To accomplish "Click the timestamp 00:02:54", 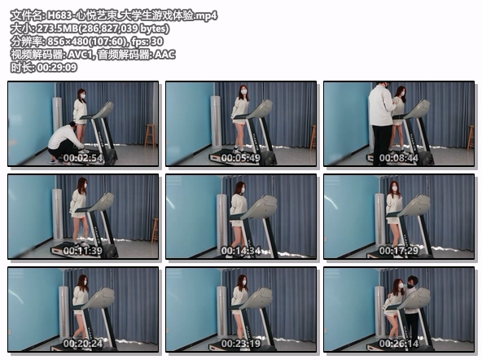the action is (x=83, y=158).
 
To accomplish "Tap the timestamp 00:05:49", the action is (x=241, y=158).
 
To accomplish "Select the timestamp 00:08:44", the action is (x=399, y=158).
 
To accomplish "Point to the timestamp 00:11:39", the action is (x=83, y=251).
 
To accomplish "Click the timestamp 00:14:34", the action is (x=241, y=251).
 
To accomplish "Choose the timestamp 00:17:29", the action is (x=399, y=251).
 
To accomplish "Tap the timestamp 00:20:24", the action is (x=83, y=344).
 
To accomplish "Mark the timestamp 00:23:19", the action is (x=241, y=344).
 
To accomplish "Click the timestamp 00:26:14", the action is (x=399, y=344).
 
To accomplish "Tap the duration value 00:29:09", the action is (x=56, y=68).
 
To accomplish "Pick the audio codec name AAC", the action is (x=164, y=55).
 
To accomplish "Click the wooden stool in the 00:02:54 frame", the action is (x=150, y=135).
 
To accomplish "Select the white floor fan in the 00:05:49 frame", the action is (x=216, y=121).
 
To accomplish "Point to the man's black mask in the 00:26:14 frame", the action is (x=410, y=286).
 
